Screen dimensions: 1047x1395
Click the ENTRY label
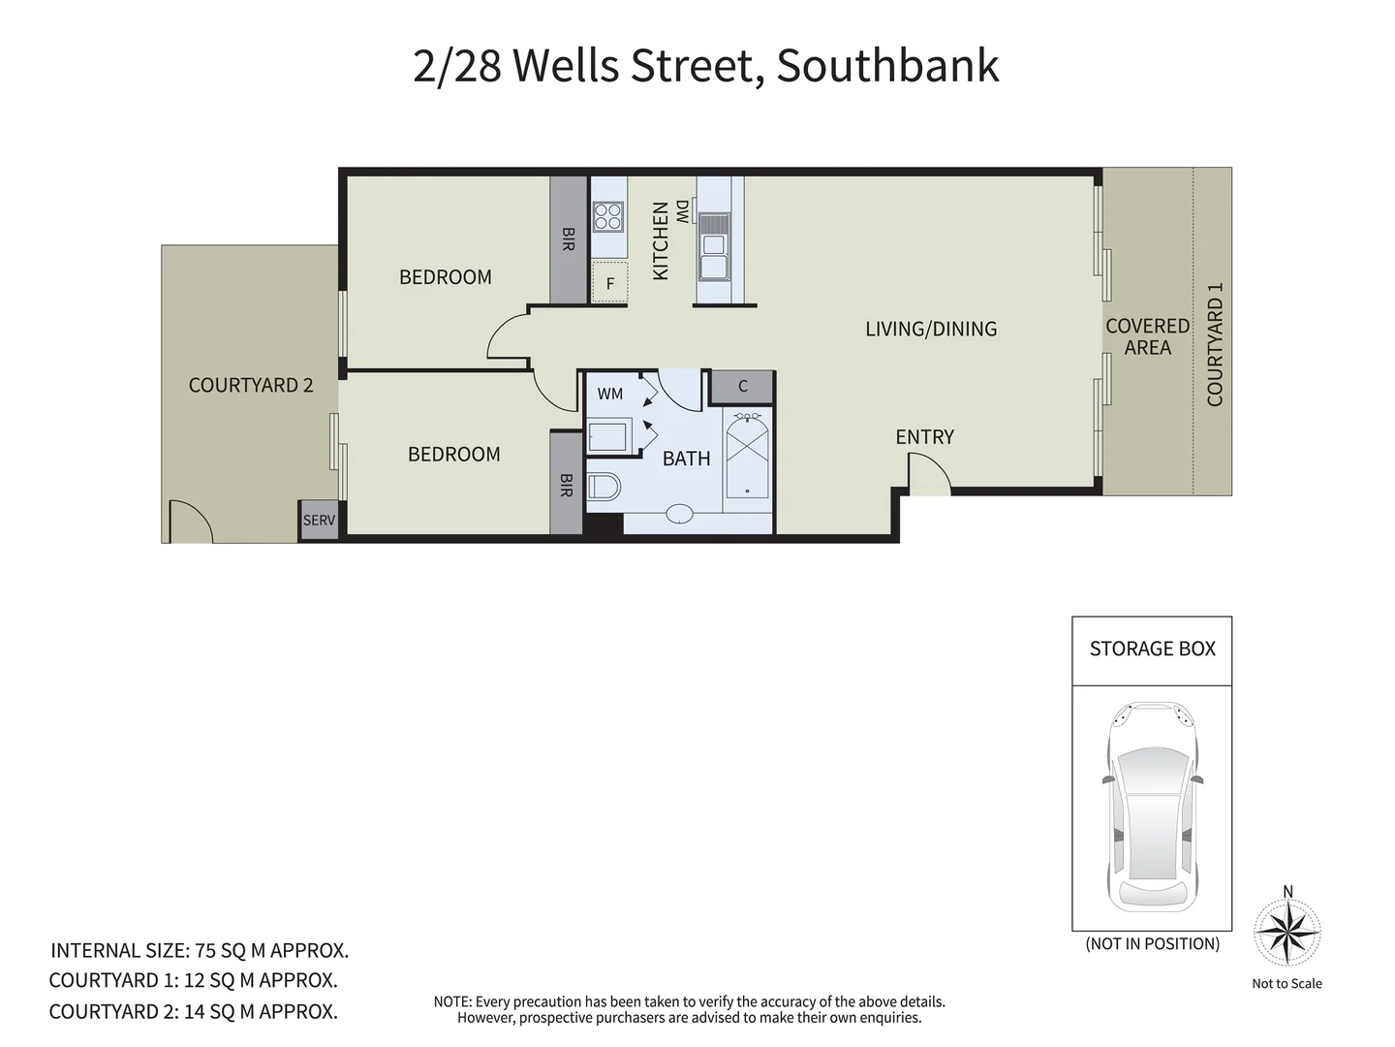(x=924, y=437)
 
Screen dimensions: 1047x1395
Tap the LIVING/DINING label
(x=931, y=329)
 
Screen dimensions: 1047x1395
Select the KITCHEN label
(x=661, y=241)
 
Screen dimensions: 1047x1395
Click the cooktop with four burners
(x=608, y=216)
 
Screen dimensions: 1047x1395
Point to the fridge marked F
(x=610, y=284)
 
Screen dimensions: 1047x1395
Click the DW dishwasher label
(x=683, y=211)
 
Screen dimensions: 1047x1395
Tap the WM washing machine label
(x=610, y=394)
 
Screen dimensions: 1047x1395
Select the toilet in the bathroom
(x=603, y=486)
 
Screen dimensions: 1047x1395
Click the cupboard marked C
(x=743, y=386)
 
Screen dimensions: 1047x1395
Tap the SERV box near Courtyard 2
(x=319, y=521)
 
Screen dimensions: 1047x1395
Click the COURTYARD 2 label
(x=251, y=385)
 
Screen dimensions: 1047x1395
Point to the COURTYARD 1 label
(x=1215, y=344)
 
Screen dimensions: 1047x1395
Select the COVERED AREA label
(x=1148, y=336)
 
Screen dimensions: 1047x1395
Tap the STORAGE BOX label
(x=1152, y=649)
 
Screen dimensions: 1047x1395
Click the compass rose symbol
(x=1287, y=933)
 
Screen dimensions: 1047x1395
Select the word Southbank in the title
(x=887, y=66)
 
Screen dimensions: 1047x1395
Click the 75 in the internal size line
(x=205, y=950)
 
